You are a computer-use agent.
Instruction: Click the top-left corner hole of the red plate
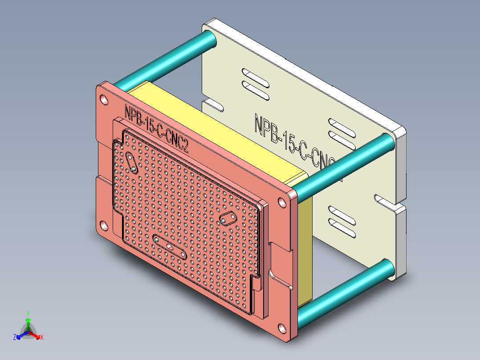coord(103,99)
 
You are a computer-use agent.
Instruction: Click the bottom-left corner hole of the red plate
coord(103,226)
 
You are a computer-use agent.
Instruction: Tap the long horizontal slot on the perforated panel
coord(170,246)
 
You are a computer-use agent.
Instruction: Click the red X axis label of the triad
coord(42,338)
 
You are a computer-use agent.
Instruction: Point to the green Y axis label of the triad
coord(28,313)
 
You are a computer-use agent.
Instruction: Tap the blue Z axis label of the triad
coord(15,338)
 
